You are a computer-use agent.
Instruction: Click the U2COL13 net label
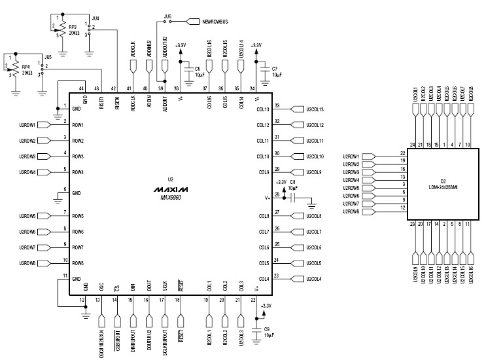315,109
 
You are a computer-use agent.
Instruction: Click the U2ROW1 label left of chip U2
27,124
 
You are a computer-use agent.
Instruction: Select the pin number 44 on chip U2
82,89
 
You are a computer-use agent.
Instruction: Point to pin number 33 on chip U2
277,105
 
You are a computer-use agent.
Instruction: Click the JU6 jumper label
168,15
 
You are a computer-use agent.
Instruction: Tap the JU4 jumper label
95,18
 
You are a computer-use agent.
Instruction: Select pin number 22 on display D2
403,153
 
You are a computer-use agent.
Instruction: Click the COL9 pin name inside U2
263,172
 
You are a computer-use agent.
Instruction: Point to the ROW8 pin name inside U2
78,263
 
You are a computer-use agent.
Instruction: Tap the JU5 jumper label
46,57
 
